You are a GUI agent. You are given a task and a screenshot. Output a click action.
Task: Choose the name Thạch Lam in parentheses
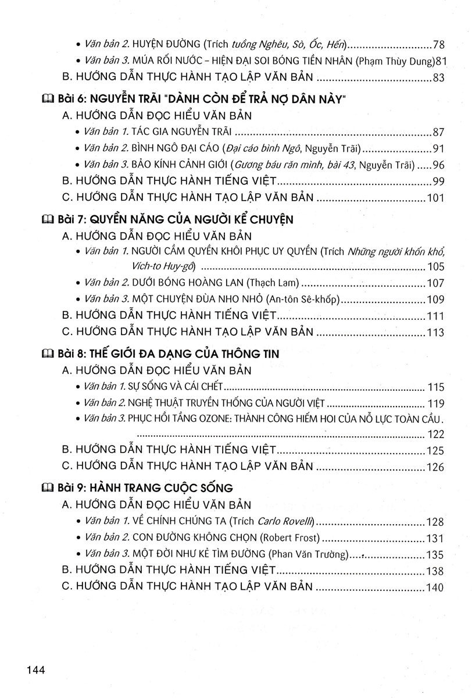[273, 283]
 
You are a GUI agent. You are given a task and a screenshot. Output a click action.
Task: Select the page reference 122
[435, 434]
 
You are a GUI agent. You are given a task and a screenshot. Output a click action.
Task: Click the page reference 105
[435, 268]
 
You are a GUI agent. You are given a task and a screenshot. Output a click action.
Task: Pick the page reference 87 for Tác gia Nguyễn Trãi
[439, 132]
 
